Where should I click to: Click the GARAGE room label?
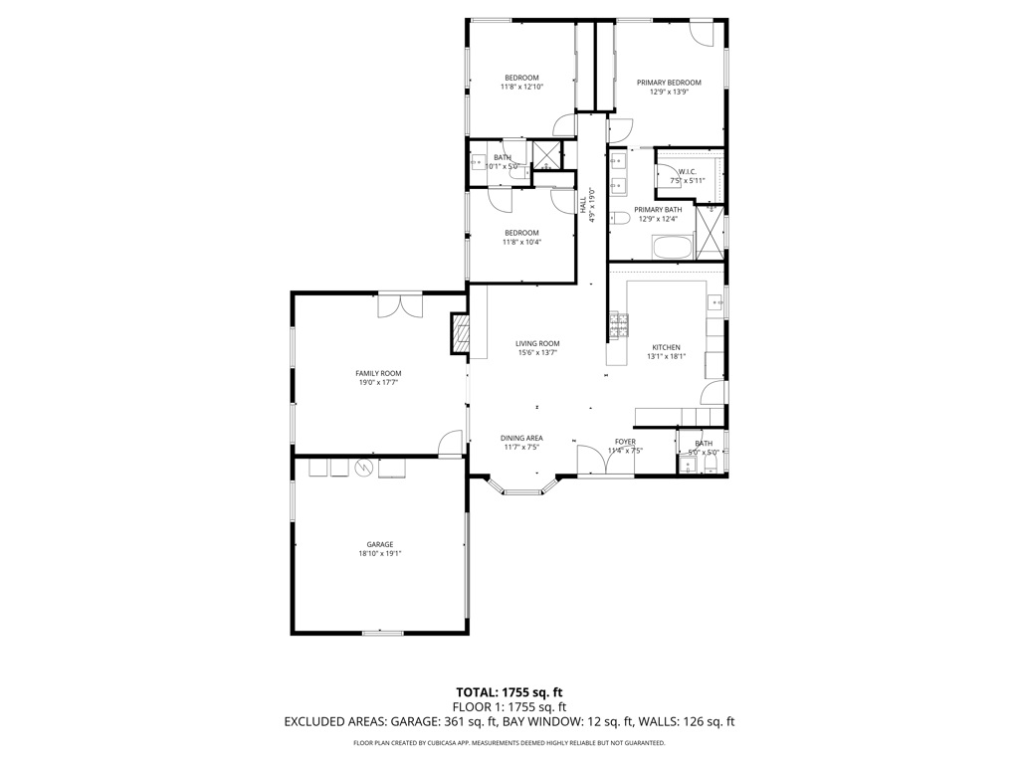click(x=379, y=544)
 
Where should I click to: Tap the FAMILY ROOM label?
click(x=378, y=373)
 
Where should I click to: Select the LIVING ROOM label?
click(x=537, y=343)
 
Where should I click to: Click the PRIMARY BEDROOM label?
click(x=669, y=83)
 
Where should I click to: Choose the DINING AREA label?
click(x=520, y=438)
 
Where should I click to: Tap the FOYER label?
click(x=625, y=442)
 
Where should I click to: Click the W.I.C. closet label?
click(x=687, y=172)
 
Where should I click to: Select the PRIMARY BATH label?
click(x=658, y=209)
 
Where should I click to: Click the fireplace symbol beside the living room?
click(x=460, y=334)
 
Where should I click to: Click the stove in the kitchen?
click(x=618, y=323)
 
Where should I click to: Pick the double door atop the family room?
click(x=401, y=304)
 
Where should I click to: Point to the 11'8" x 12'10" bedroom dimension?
click(x=521, y=88)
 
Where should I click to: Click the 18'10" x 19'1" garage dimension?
click(x=379, y=554)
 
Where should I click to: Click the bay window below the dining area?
click(x=521, y=488)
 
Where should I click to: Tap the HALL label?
click(x=583, y=204)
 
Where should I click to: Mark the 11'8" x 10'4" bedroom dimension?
click(x=520, y=242)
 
